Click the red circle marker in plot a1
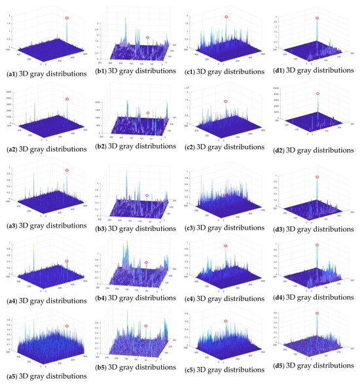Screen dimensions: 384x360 point(67,18)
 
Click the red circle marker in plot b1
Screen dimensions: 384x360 point(147,37)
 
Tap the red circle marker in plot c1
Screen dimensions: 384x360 point(226,17)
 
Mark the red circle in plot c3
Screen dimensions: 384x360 point(226,195)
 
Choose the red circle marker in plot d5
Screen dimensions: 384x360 point(317,313)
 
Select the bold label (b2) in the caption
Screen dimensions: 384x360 point(104,150)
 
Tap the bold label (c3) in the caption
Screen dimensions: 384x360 point(190,226)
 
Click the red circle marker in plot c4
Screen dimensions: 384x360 point(226,246)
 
